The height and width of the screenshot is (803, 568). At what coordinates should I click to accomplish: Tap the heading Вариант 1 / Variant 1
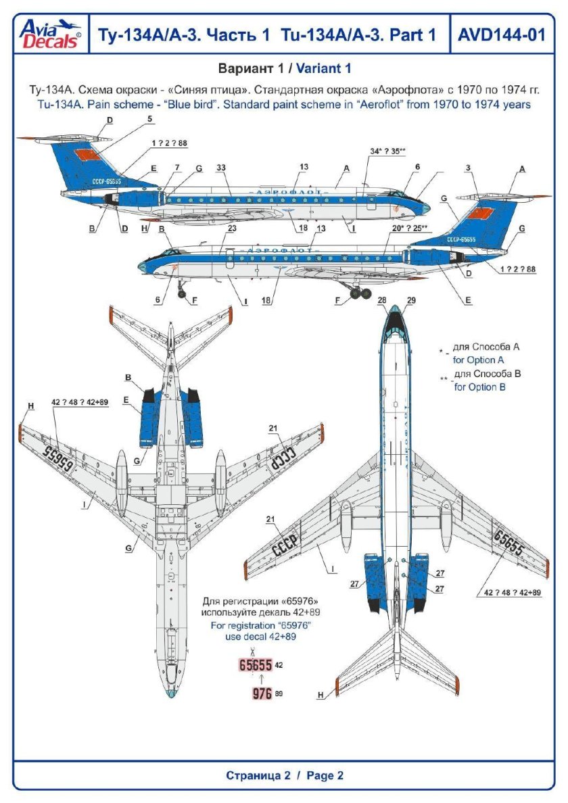(284, 69)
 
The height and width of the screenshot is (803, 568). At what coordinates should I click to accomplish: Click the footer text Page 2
(325, 775)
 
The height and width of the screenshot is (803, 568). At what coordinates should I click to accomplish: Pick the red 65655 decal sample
(256, 665)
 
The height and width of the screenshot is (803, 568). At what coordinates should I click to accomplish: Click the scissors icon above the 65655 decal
(252, 652)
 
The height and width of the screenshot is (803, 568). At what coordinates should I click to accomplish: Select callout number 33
(220, 167)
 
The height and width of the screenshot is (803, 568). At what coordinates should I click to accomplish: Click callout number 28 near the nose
(382, 300)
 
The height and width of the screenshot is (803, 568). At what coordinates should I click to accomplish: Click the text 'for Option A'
(478, 360)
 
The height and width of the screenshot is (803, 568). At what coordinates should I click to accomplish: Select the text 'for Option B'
(479, 387)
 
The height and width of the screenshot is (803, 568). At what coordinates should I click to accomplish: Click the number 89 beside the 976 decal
(279, 694)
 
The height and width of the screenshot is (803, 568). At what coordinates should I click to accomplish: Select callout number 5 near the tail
(149, 119)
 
